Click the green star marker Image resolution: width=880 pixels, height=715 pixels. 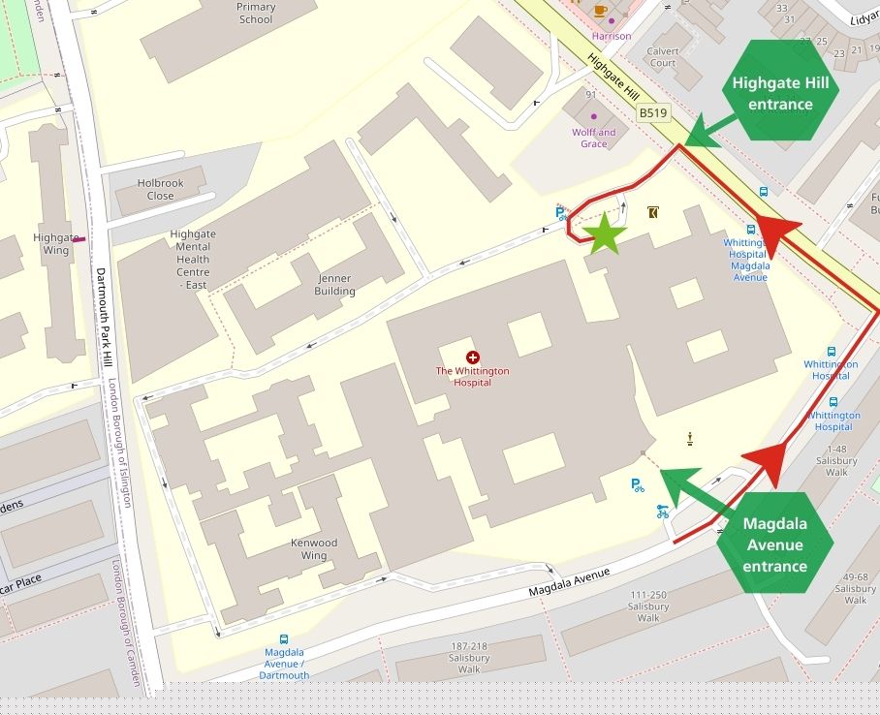coord(604,233)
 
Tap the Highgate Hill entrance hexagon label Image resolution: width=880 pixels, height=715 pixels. coord(780,93)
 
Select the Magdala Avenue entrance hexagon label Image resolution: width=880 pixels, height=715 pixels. coord(774,544)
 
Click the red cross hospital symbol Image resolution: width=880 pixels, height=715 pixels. coord(472,357)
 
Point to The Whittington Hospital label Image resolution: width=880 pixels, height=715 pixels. coord(472,376)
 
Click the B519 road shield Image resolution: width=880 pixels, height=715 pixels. coord(653,113)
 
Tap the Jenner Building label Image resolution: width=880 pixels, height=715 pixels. coord(334,285)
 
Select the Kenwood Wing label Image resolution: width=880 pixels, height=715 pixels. coord(314,549)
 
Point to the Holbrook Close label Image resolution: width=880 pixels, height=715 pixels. coord(160,189)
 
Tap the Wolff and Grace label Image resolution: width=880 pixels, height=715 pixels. coord(593,138)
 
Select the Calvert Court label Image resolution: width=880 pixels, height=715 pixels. coord(663,57)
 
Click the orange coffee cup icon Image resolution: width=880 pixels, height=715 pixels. coord(600,11)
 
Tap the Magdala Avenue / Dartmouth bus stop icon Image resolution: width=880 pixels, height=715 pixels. coord(284,639)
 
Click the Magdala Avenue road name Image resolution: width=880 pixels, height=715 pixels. coord(569,581)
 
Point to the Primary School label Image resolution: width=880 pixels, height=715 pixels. coord(255,13)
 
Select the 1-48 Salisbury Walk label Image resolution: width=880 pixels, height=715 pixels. coord(836,460)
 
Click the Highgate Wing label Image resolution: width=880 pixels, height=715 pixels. coord(56,243)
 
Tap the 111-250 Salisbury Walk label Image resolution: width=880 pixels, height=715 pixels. coord(648,606)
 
